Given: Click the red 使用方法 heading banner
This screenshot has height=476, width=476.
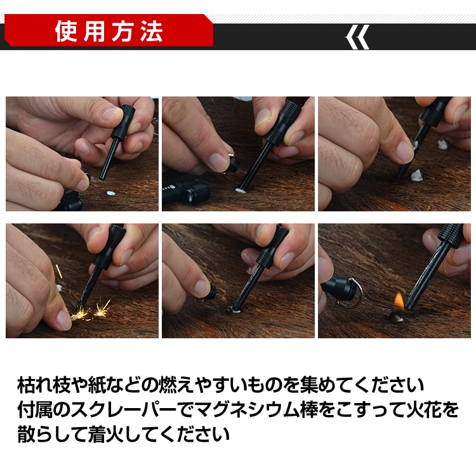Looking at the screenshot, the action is click(x=109, y=30).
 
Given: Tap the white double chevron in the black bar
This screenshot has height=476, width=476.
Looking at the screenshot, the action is click(x=357, y=37).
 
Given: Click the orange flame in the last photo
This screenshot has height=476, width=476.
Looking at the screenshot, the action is click(x=399, y=301).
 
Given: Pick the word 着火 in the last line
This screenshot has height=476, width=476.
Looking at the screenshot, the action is click(x=105, y=435).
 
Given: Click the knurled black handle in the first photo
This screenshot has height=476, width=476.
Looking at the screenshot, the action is click(x=124, y=122).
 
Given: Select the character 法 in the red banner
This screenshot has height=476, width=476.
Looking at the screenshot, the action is click(x=152, y=32).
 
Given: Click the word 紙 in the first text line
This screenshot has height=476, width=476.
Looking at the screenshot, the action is click(x=97, y=385).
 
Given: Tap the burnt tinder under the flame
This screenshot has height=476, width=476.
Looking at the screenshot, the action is click(x=395, y=317).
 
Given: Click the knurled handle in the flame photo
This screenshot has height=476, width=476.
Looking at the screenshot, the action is click(x=451, y=236).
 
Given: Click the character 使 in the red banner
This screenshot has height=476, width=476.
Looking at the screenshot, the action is click(x=66, y=32).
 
